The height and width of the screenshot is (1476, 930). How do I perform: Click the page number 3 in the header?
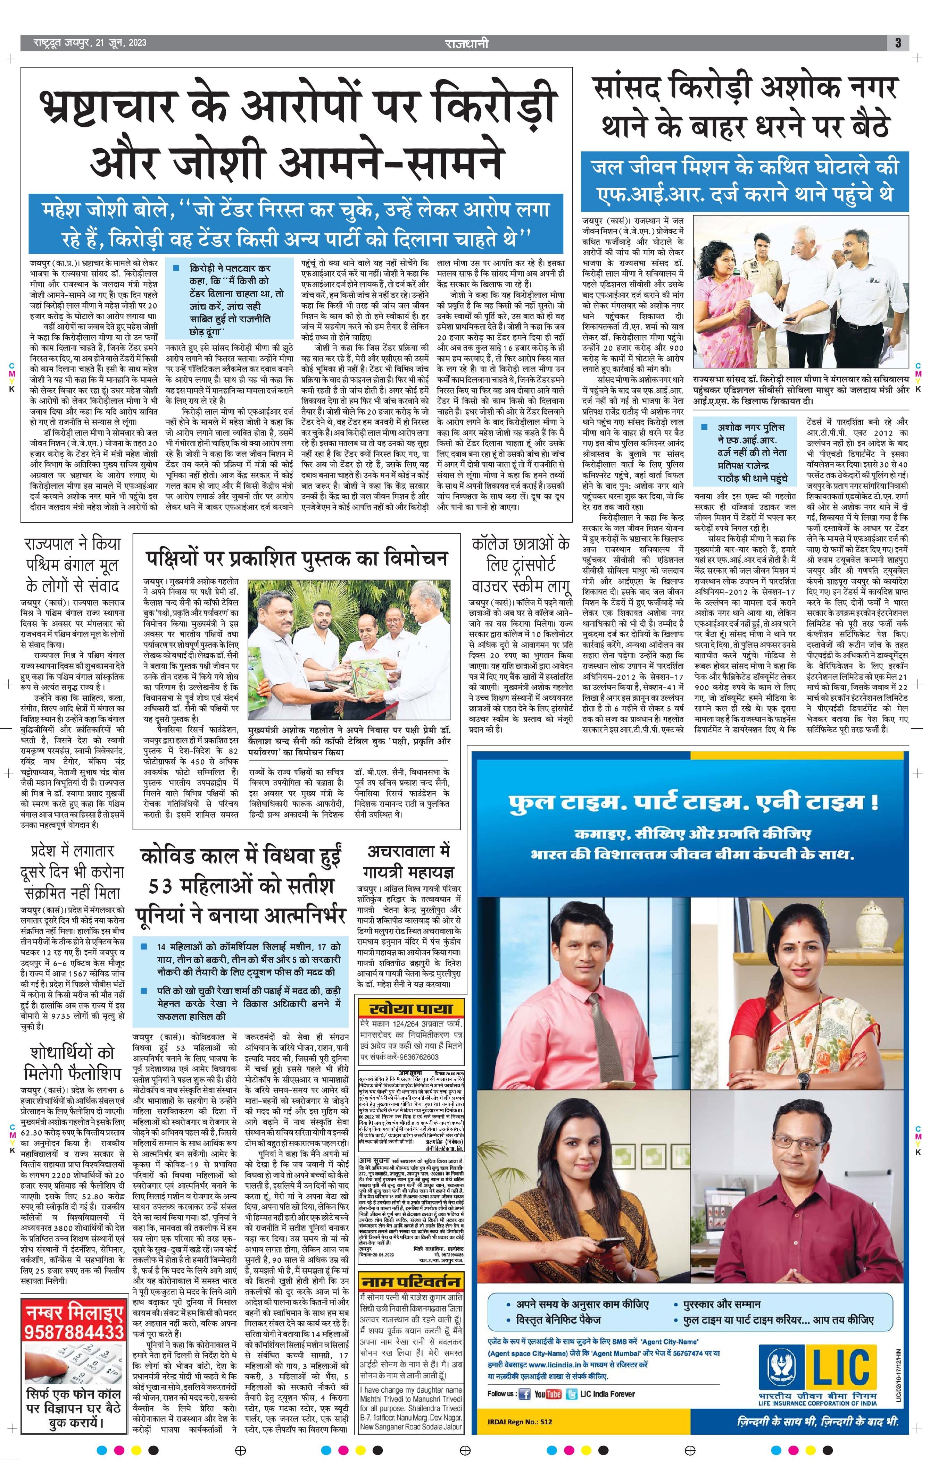(x=897, y=43)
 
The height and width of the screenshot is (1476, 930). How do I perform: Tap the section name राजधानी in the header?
(x=467, y=43)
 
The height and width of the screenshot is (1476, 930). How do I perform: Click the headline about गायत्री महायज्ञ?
(x=408, y=862)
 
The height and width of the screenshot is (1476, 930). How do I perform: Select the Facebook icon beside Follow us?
(x=524, y=1394)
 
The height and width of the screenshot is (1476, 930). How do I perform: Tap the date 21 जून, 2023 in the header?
(x=119, y=43)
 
